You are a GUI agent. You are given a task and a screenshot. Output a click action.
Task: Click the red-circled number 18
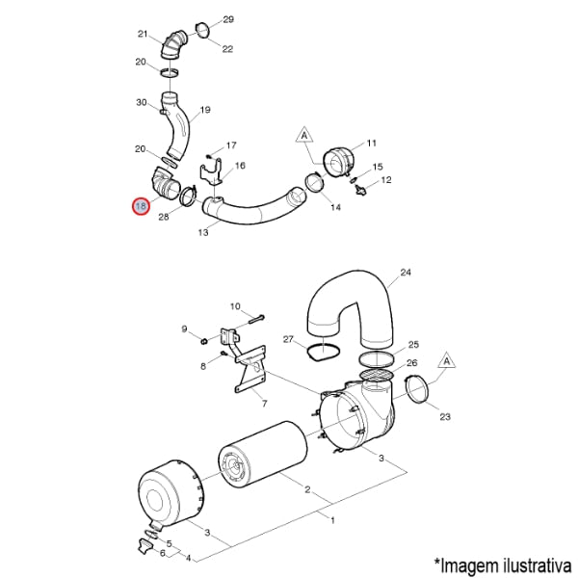141,206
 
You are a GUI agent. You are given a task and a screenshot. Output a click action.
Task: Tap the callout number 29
228,19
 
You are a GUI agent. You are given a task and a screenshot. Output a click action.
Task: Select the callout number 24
406,273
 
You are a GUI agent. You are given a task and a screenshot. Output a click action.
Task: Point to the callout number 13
203,232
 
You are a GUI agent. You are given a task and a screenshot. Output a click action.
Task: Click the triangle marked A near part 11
304,135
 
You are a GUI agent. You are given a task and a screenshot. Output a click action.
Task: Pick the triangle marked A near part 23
447,361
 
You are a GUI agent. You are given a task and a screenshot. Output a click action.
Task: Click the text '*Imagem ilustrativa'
503,565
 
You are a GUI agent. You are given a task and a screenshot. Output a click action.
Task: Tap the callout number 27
288,339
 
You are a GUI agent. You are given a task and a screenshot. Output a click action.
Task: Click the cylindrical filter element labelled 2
262,456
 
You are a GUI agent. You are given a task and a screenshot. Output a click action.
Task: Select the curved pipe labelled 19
177,125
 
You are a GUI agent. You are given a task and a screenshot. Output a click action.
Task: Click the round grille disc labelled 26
377,375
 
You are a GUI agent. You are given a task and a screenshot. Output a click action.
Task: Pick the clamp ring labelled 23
417,390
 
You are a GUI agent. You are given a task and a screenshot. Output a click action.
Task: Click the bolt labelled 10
257,319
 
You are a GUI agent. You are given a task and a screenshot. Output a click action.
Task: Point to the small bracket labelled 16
211,172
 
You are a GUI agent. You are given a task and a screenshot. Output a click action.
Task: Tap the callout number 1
332,520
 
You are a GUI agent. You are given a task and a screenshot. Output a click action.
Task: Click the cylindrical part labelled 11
338,163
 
